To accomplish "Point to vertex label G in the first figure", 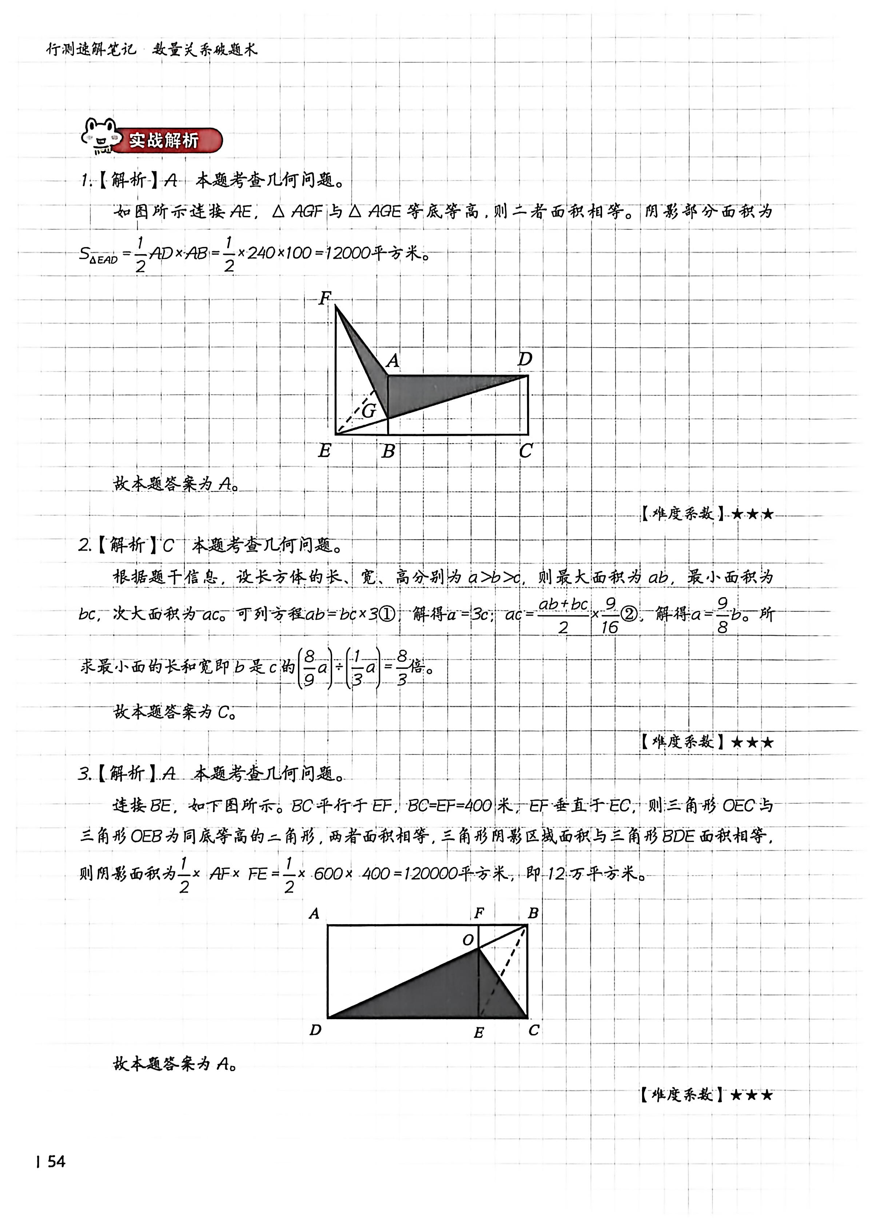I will tap(369, 411).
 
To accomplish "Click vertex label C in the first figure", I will tap(526, 450).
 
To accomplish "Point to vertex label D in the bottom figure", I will tap(315, 1030).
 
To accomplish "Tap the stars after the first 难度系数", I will tap(753, 514).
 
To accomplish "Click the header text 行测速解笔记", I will tap(91, 50).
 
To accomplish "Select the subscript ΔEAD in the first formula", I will tap(103, 260).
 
